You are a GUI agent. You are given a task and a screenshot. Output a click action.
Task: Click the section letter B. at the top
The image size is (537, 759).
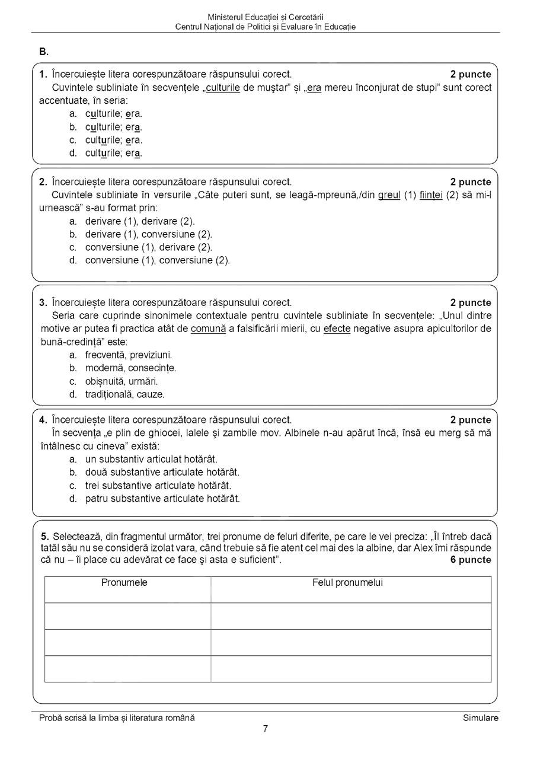click(x=44, y=52)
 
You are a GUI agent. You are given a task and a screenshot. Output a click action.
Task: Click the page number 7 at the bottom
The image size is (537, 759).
click(x=266, y=729)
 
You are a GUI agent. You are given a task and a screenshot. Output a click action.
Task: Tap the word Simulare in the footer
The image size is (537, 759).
click(x=481, y=718)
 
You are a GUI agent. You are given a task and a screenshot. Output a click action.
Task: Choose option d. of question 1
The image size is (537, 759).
click(x=113, y=153)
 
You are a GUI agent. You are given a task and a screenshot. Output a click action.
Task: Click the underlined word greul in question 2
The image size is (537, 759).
click(x=389, y=195)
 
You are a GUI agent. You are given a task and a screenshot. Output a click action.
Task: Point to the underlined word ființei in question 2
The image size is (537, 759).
click(x=431, y=195)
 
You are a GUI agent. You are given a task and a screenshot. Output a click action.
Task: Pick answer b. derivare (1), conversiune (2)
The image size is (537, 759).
click(x=148, y=234)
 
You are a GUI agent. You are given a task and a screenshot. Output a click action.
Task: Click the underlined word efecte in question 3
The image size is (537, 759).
click(x=337, y=329)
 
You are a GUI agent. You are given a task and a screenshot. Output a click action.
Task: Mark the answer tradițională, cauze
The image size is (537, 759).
click(x=124, y=394)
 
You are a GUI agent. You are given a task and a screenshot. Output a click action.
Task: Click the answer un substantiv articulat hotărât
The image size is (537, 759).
click(x=151, y=459)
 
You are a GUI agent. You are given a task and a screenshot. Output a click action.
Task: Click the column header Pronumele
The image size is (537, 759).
click(x=124, y=583)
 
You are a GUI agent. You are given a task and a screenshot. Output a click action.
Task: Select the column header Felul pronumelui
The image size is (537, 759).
click(x=347, y=583)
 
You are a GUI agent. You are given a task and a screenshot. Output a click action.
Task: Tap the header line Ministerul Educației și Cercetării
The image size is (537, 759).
click(x=266, y=18)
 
